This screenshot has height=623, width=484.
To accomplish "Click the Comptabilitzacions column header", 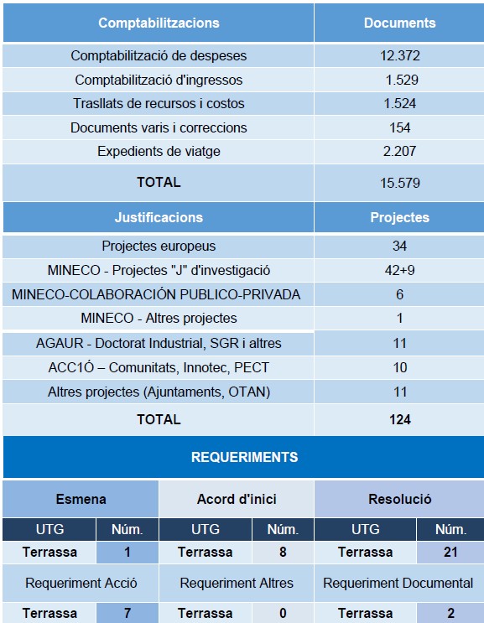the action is [x=159, y=23].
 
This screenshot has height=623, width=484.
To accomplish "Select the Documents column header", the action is [x=399, y=23].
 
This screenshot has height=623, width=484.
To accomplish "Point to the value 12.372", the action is [x=399, y=56].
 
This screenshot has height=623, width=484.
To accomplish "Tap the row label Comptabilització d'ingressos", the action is [x=159, y=80].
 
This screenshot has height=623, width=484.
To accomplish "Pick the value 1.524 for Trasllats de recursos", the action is [x=399, y=104].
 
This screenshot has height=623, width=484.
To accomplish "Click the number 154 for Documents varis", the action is [x=400, y=128].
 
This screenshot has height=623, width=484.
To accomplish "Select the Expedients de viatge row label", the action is [x=159, y=152].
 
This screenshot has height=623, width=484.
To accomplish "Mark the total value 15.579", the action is [x=399, y=182].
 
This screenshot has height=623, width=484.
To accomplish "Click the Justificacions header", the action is [x=159, y=217].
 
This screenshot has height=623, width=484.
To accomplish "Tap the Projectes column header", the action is [x=399, y=217].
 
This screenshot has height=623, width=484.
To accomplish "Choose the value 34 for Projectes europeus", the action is [x=399, y=246].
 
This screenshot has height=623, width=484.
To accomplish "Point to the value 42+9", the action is [x=399, y=270].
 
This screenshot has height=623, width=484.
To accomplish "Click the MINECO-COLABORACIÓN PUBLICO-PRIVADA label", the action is [x=156, y=294].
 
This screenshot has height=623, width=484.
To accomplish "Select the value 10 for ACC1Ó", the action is [x=399, y=367].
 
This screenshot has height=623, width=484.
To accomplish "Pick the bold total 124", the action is [x=400, y=419].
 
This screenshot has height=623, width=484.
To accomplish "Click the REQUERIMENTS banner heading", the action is [x=244, y=457].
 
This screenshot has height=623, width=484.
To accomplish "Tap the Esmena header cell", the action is [x=81, y=499].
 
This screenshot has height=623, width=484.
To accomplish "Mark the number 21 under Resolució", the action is [x=450, y=552].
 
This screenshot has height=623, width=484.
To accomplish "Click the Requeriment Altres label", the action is [x=237, y=583].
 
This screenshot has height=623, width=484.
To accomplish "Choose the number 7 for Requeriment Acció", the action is [x=127, y=613].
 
